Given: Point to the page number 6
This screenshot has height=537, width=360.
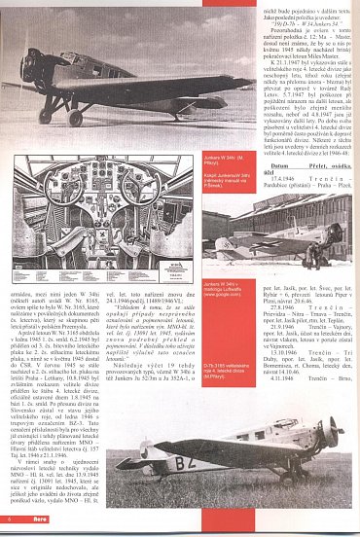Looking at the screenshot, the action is pyautogui.click(x=8, y=529).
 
